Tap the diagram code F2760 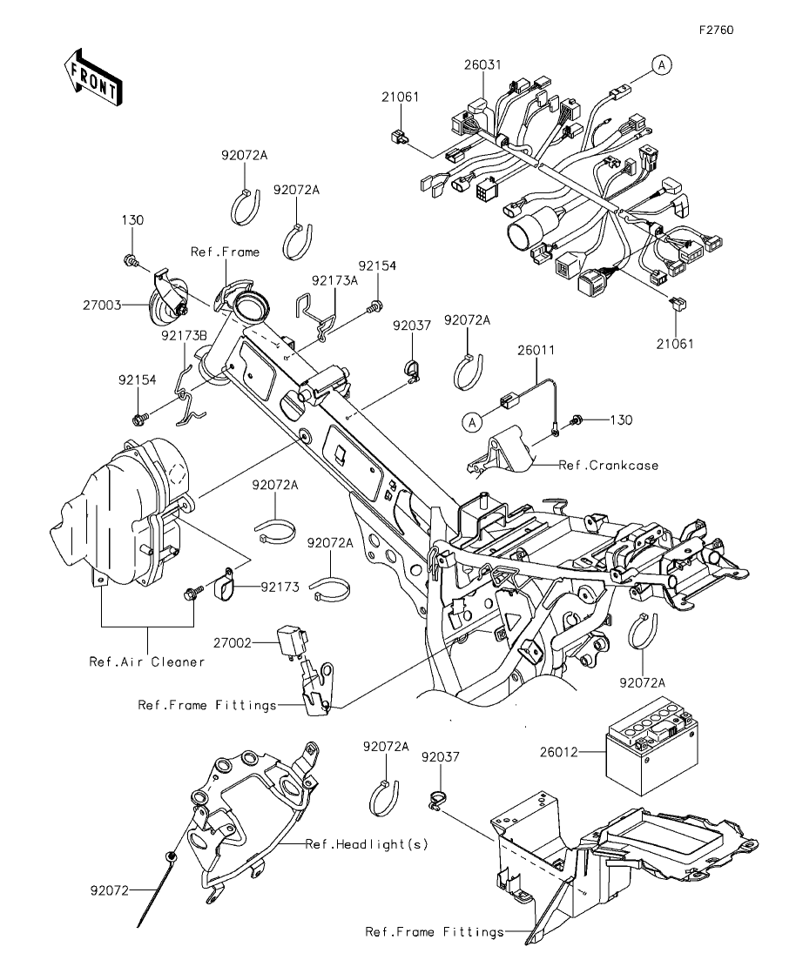[717, 30]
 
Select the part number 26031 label [482, 64]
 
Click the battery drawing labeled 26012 [652, 755]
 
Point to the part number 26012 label [558, 752]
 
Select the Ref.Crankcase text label [609, 466]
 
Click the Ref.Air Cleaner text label [147, 661]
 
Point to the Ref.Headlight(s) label [367, 844]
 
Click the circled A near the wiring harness [662, 65]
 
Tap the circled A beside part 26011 [472, 422]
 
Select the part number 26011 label [536, 350]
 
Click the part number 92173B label [185, 336]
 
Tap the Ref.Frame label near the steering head [225, 252]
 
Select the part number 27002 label [233, 643]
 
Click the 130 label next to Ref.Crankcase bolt [621, 420]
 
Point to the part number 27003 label [103, 305]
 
